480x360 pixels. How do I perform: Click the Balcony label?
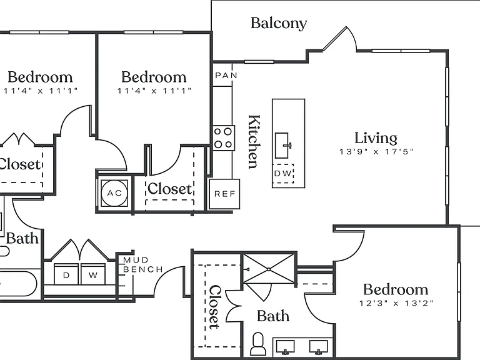[x=279, y=24]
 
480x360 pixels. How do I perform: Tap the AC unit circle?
[x=114, y=193]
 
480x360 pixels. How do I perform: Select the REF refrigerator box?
[x=224, y=194]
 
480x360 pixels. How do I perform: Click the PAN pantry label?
[x=226, y=75]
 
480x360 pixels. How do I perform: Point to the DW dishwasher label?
[x=283, y=174]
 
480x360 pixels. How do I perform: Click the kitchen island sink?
[x=282, y=146]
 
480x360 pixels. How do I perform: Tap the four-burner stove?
[x=224, y=137]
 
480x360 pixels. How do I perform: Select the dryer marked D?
[x=66, y=274]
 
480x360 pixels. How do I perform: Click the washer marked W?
[x=93, y=274]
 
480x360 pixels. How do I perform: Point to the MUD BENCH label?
[x=143, y=265]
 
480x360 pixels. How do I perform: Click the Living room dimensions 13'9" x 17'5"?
[x=376, y=151]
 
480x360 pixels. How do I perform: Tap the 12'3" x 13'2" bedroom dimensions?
[x=396, y=303]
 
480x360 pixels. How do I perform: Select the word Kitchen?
[x=254, y=141]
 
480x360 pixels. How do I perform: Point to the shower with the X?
[x=269, y=269]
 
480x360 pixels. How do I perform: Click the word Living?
[x=376, y=138]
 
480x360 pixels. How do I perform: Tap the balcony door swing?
[x=340, y=39]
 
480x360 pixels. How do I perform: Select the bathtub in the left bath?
[x=19, y=283]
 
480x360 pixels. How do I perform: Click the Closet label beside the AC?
[x=169, y=189]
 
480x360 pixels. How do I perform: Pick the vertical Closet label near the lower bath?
[x=214, y=307]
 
